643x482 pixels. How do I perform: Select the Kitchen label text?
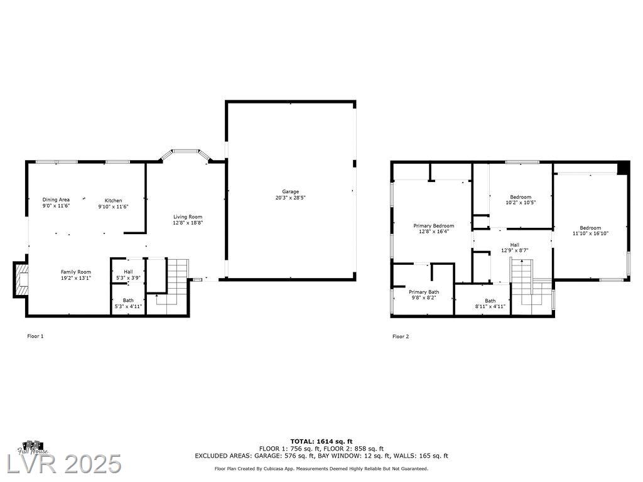113,200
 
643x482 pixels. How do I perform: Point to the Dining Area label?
56,200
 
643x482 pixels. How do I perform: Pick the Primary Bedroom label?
434,226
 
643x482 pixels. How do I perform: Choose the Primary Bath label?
424,292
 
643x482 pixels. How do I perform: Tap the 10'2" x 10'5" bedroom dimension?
521,203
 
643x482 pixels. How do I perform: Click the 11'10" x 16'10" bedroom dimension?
590,233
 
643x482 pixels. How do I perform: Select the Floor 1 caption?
35,336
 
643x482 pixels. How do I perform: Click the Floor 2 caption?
401,336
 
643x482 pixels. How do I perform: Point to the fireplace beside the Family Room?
21,279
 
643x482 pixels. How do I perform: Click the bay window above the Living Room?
185,156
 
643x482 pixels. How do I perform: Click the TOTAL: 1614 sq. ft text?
321,441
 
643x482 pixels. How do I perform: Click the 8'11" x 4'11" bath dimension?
490,306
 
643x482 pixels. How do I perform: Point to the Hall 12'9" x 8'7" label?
515,247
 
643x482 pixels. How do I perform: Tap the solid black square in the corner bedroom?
624,168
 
